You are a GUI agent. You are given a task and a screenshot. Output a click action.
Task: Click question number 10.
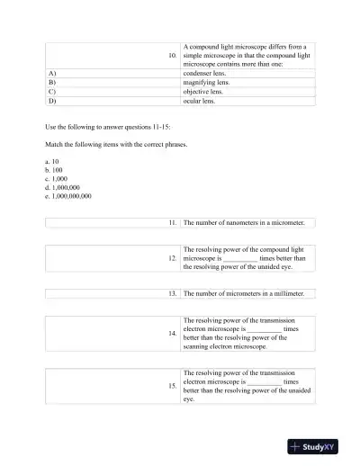(173, 56)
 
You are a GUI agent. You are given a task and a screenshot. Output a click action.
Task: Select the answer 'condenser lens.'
(206, 73)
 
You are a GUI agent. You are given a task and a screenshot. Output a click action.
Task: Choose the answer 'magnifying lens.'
(206, 82)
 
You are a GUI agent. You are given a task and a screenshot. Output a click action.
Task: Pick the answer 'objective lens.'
(203, 92)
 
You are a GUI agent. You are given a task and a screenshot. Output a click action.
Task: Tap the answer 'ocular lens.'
(200, 101)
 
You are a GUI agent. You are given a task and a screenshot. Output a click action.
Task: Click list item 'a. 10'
(51, 161)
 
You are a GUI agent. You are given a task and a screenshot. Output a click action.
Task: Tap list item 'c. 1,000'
(56, 178)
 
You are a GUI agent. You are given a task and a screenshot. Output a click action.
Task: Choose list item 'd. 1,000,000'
(62, 187)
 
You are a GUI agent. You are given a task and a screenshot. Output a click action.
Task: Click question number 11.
(173, 221)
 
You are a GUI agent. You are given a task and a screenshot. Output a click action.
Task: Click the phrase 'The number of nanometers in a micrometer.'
(244, 221)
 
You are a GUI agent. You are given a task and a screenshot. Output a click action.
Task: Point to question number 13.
(173, 293)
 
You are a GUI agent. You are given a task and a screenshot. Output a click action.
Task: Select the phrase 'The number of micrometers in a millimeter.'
(244, 293)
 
